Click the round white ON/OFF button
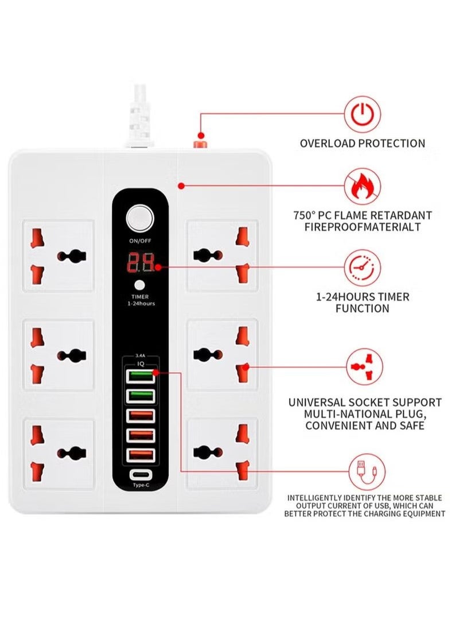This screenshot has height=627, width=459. [x=140, y=219]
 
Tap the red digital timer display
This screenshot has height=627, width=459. [x=141, y=263]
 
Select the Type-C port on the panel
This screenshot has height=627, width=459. [x=140, y=475]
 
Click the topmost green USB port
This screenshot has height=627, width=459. [x=141, y=377]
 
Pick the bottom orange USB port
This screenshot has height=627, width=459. [x=141, y=455]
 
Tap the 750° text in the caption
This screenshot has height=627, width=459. [x=304, y=215]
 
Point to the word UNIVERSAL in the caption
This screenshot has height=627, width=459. [x=317, y=402]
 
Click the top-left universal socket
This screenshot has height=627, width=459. [x=58, y=255]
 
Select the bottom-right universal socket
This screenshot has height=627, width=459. [x=223, y=452]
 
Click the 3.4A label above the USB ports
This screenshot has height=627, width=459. [x=141, y=355]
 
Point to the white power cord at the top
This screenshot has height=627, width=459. [x=139, y=112]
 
